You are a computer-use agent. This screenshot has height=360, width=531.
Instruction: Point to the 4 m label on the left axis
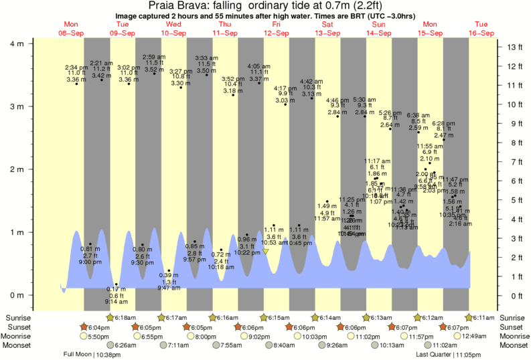tap(16, 43)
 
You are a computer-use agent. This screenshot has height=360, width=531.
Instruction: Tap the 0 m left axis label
tap(16, 295)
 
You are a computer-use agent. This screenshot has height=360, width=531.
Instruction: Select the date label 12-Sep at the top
tap(276, 33)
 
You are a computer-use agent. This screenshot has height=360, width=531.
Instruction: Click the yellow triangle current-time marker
tap(266, 252)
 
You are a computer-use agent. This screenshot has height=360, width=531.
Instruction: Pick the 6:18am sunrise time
tap(127, 317)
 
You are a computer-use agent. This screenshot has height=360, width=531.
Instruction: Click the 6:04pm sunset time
tap(97, 327)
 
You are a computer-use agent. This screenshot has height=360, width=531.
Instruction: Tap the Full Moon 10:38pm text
tap(88, 355)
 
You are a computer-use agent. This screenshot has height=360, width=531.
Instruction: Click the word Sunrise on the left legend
tap(19, 317)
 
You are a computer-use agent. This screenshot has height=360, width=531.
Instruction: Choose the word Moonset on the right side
tap(514, 345)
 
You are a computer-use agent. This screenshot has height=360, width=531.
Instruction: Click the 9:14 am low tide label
tap(116, 302)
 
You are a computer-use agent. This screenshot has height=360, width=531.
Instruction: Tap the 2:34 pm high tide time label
tap(76, 68)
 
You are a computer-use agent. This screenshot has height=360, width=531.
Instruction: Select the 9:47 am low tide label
tap(168, 288)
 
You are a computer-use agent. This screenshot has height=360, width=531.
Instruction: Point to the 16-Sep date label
tap(480, 33)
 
